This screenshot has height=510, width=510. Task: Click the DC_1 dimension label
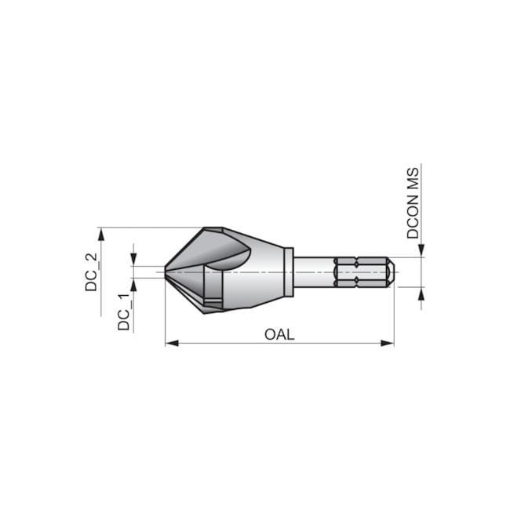123,311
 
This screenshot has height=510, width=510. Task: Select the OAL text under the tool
279,334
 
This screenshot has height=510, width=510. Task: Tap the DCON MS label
413,202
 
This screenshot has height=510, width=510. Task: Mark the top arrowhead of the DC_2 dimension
101,233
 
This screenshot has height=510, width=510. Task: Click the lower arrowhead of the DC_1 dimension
133,283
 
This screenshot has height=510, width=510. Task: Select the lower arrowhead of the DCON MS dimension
421,293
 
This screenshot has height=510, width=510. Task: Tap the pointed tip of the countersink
166,272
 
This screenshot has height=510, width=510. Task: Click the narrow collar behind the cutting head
289,272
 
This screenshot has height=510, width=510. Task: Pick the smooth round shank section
314,272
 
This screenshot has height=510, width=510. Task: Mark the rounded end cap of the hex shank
390,272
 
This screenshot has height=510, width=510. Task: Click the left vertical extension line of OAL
165,314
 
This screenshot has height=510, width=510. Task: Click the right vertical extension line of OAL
393,314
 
